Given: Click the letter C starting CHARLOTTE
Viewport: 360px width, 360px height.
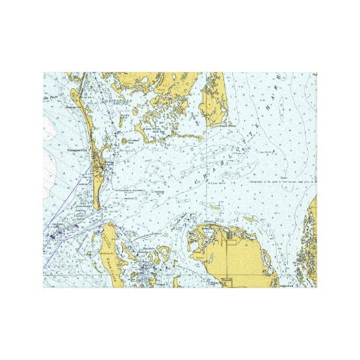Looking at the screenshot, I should pos(196,181).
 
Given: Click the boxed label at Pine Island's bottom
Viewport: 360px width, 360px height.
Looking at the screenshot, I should pos(225,282).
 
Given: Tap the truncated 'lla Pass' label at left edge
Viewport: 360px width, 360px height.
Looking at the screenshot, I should pos(49,92).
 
